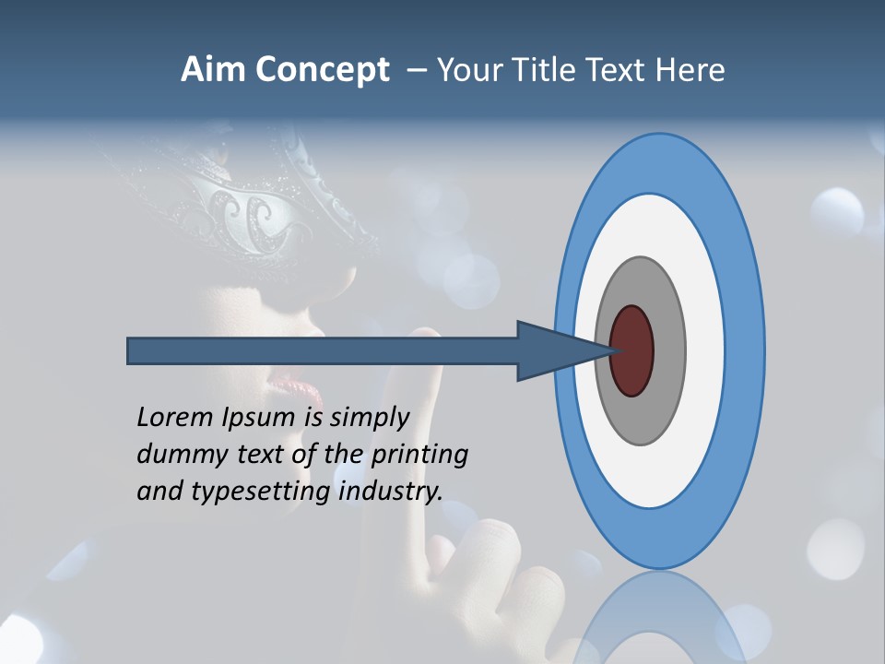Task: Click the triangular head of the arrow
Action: tap(544, 350)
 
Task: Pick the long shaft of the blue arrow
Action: tap(323, 350)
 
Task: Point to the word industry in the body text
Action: tap(390, 492)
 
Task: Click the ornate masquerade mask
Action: tap(258, 207)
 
